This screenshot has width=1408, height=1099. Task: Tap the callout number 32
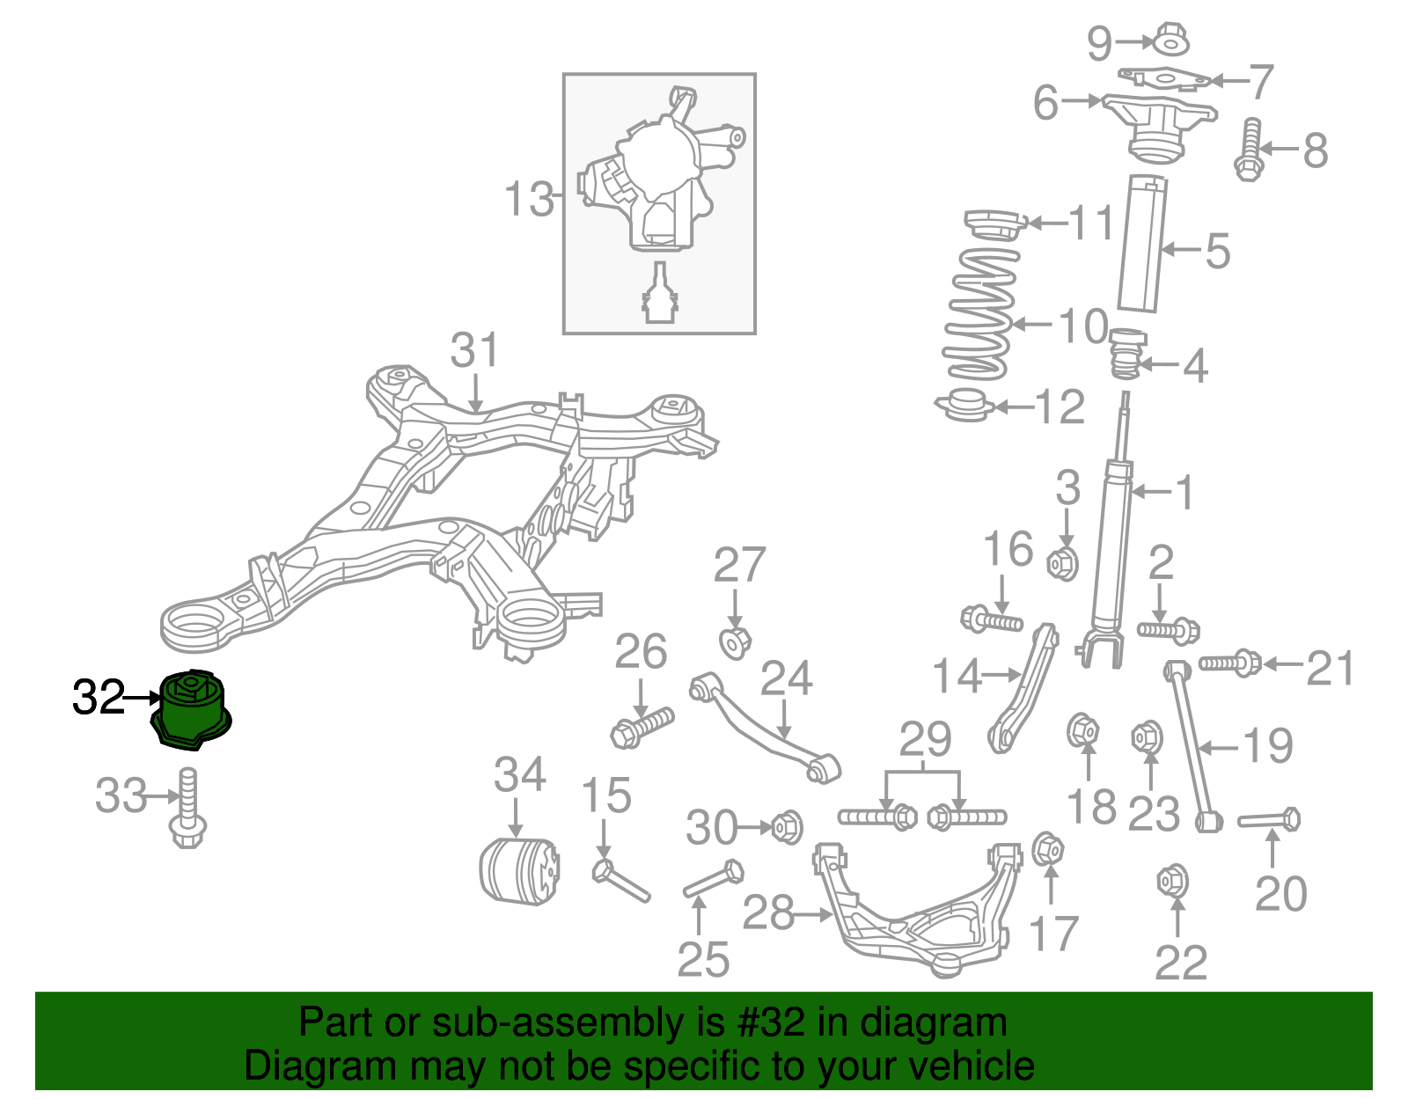99,698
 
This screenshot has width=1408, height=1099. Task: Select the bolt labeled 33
187,808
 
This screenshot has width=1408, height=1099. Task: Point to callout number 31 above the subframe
474,350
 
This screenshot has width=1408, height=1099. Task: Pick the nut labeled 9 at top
1170,40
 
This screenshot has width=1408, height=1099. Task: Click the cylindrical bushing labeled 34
518,870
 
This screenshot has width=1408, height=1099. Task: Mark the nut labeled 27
735,642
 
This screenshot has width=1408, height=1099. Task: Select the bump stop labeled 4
1126,355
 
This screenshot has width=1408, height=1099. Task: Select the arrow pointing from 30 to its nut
754,827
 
